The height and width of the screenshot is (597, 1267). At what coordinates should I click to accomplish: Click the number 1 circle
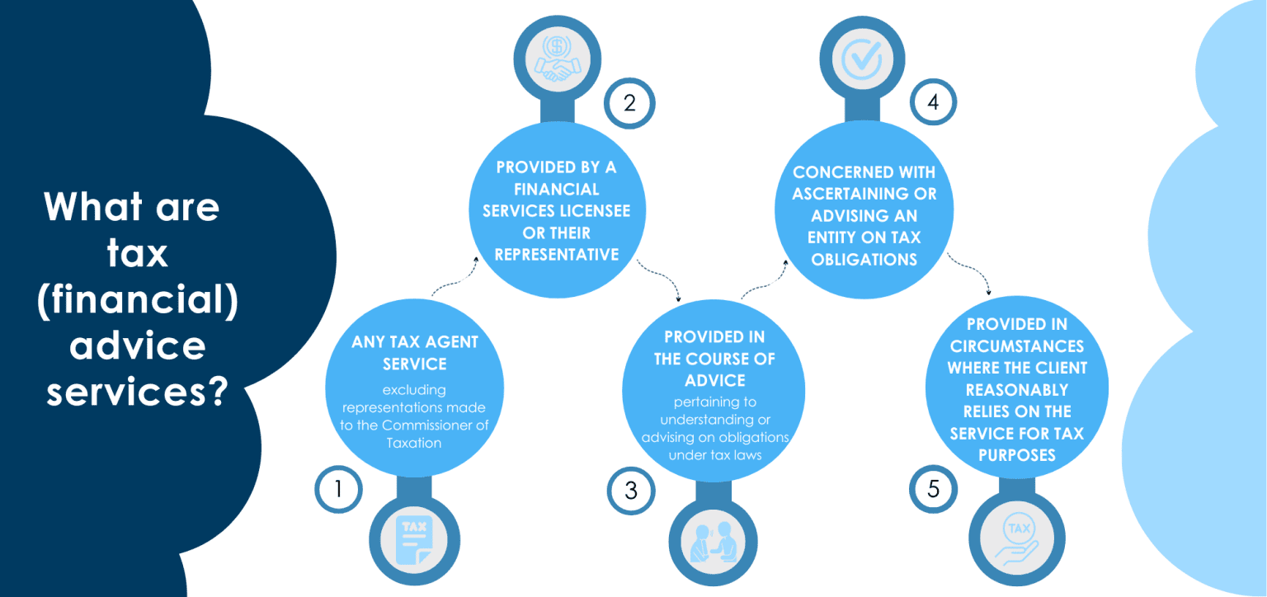pos(338,490)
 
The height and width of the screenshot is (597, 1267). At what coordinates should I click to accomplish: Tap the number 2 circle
pos(629,104)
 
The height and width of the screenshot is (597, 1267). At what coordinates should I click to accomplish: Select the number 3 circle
pos(631,491)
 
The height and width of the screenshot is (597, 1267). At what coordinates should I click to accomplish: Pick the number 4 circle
pos(933,104)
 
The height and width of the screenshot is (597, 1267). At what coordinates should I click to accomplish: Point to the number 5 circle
pos(933,490)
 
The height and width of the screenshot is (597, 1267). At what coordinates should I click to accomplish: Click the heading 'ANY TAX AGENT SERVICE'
pos(415,352)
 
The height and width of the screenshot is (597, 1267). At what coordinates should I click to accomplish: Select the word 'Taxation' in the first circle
pos(414,443)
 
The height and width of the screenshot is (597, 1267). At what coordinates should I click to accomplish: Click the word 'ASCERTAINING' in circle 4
pos(864,195)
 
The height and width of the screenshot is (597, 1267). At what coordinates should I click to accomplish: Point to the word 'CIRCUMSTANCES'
pos(1016,346)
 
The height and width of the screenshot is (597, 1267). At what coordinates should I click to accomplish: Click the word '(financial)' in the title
pos(138,301)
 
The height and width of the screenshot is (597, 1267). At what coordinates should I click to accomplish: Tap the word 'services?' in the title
pos(137,390)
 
